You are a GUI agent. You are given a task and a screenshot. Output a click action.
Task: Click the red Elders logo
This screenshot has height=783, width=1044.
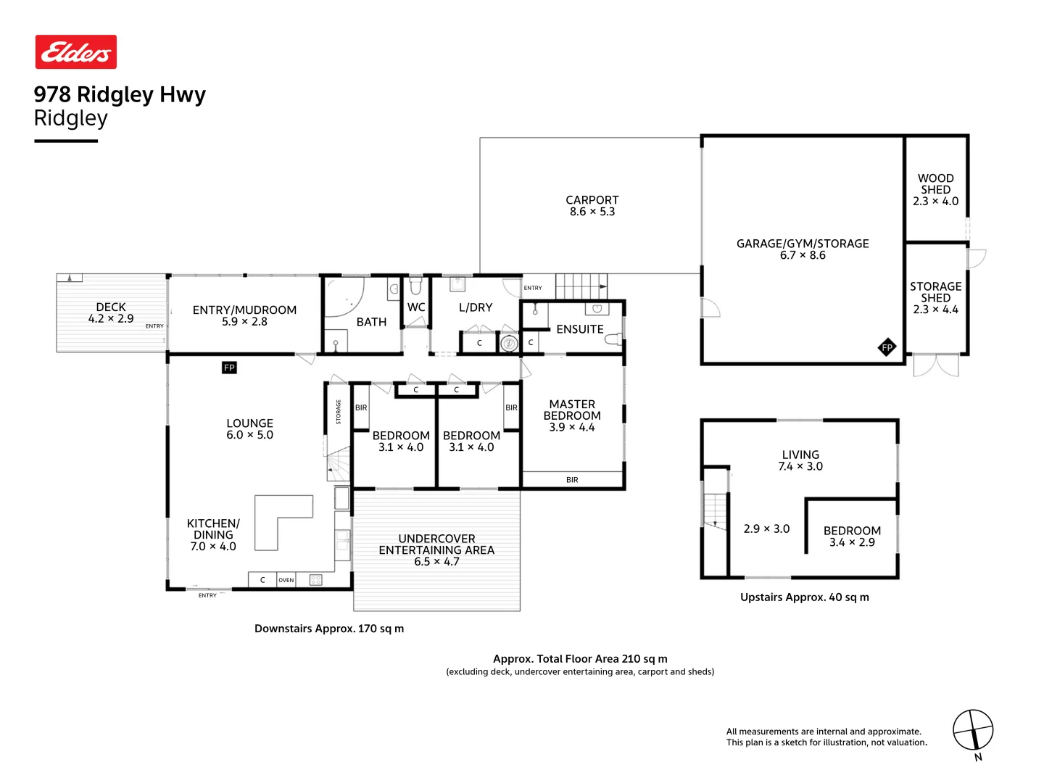[75, 51]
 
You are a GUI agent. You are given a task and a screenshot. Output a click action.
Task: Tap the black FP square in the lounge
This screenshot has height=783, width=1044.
[229, 367]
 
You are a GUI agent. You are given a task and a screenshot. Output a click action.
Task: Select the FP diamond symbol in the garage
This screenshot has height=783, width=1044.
[886, 347]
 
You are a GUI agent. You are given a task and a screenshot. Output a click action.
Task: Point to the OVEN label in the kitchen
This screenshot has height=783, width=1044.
[286, 579]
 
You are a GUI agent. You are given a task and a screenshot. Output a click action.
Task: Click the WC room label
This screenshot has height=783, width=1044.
[415, 307]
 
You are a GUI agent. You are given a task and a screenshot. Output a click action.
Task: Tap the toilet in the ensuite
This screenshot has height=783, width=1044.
[613, 339]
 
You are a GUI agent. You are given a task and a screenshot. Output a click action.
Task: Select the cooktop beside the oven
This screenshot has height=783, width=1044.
[315, 579]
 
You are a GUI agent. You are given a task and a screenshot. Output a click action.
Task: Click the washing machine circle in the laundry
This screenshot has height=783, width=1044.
[508, 342]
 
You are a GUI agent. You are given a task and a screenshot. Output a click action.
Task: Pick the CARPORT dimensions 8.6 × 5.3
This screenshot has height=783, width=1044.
[592, 212]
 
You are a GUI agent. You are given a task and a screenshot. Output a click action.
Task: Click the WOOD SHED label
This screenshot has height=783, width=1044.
[935, 183]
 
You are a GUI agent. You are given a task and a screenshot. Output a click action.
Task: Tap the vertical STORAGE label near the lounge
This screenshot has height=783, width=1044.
[338, 411]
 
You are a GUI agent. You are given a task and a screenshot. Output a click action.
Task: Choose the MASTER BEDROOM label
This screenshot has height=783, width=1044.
[572, 410]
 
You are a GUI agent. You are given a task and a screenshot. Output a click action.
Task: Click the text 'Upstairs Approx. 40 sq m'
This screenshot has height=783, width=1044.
[804, 597]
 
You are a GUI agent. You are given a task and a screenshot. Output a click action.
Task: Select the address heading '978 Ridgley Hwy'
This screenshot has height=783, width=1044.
[120, 94]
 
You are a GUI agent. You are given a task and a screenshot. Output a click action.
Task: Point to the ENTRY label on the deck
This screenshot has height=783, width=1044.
[154, 326]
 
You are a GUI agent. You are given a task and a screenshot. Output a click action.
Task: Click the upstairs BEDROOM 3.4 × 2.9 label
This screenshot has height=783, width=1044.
[851, 536]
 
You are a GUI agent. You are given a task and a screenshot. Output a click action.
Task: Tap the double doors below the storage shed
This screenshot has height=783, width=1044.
[935, 365]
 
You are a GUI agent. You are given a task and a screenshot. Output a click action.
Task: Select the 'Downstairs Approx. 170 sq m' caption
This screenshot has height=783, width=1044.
[328, 629]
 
